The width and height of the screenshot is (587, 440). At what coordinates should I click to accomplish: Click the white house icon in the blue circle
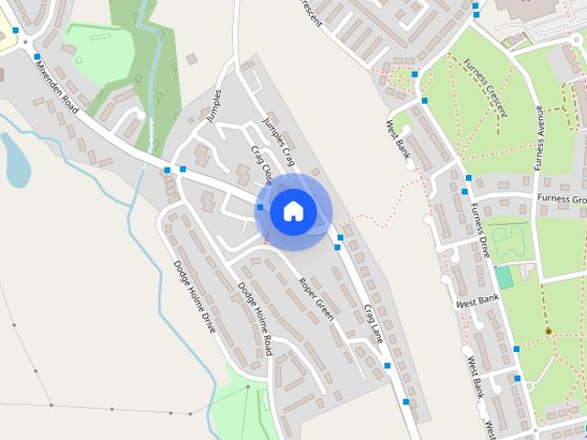[x=293, y=211]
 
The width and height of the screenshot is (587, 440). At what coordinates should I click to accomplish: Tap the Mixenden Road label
[x=58, y=88]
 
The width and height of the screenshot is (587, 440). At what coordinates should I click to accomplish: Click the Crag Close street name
[x=262, y=163]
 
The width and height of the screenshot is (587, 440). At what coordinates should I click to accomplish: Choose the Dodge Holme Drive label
[x=194, y=295]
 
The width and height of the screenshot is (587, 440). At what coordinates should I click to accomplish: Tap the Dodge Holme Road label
[x=256, y=318]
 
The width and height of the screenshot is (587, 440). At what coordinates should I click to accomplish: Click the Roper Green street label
[x=316, y=299]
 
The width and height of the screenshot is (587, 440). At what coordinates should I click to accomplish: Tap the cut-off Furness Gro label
[x=561, y=199]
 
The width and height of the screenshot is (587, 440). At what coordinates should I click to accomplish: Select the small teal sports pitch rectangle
[x=504, y=277]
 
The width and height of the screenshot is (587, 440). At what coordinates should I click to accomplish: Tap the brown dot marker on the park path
[x=548, y=331]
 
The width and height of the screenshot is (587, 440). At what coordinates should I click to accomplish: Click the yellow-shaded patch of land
[x=7, y=40]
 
